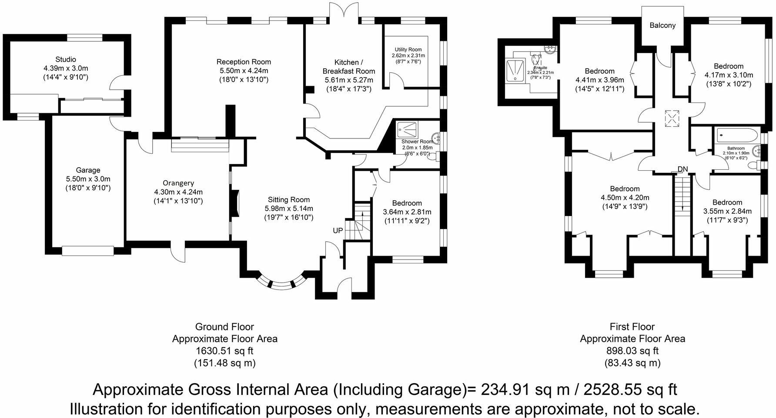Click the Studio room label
(66, 59)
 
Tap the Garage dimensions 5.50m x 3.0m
(88, 179)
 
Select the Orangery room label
(178, 183)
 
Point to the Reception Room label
(244, 62)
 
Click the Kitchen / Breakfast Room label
(348, 67)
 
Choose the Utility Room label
(408, 50)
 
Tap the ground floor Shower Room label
(417, 142)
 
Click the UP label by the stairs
(338, 230)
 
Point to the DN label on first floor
(682, 169)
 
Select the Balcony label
(662, 25)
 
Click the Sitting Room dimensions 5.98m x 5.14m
(289, 209)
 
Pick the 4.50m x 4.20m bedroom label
(625, 198)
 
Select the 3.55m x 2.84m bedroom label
(727, 211)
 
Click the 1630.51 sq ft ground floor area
(224, 351)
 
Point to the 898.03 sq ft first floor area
(632, 351)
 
